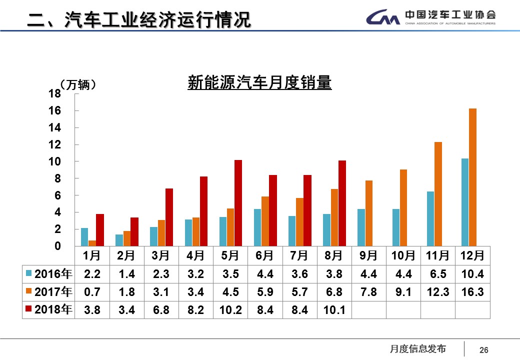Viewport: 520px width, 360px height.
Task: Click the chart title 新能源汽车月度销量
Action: [259, 82]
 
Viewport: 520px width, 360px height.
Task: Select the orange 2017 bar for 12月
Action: [472, 177]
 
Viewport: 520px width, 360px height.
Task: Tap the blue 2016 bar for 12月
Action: [465, 202]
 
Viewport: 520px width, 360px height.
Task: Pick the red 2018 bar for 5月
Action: [238, 203]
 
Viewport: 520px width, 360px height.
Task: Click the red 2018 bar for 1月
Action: [100, 230]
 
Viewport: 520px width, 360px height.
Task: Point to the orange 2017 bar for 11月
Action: [438, 194]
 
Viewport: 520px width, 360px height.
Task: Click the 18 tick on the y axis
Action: [55, 93]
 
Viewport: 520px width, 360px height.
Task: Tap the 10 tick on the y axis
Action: [55, 161]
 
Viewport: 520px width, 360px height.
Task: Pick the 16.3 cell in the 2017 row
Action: [472, 292]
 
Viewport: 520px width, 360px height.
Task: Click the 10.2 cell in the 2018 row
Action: [230, 310]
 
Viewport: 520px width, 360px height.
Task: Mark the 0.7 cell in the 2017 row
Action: [92, 292]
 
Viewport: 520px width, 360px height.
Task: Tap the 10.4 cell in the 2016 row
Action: [472, 274]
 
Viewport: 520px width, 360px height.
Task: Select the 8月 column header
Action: [333, 255]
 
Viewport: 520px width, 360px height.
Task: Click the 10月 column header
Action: [403, 255]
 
